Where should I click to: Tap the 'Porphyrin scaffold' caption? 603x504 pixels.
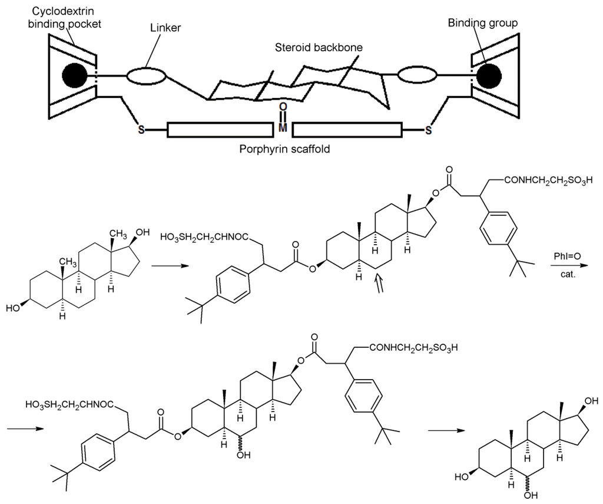tap(284, 149)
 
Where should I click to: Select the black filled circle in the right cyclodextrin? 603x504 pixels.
tap(489, 75)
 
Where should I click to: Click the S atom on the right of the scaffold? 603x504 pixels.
tap(428, 129)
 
